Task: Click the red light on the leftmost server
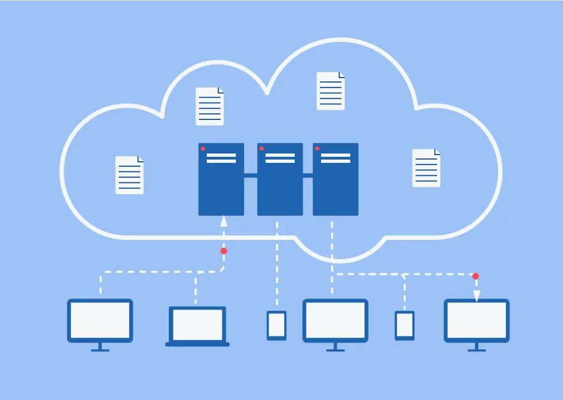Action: coord(203,148)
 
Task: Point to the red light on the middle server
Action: coord(261,148)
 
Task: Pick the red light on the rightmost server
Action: coord(317,148)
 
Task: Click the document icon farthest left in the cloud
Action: coord(129,175)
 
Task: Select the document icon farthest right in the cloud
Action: coord(426,168)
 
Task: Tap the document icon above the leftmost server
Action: coord(210,106)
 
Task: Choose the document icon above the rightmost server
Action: coord(331,91)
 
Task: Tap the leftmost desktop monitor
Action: coord(100,321)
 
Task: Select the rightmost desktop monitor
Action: coord(477,321)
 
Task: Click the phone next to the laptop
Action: coord(276,325)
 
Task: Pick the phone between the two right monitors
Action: coord(405,325)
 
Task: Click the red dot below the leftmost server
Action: coord(224,251)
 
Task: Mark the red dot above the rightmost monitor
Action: coord(475,276)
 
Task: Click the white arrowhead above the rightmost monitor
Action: coord(477,295)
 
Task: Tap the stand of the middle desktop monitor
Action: coord(335,347)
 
